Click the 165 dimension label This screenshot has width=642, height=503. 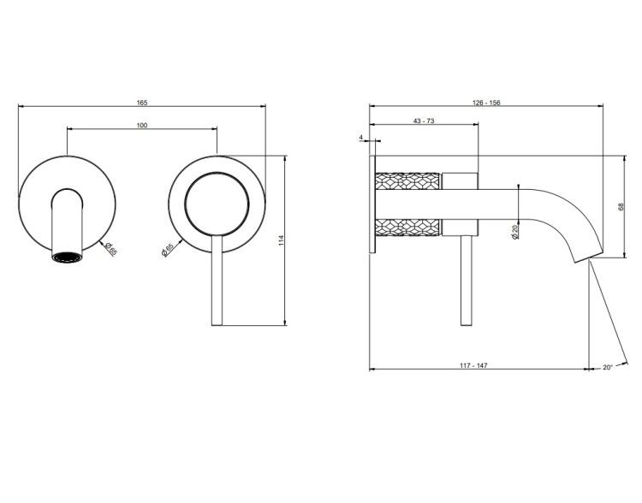click(x=141, y=103)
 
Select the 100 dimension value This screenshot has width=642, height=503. click(x=141, y=125)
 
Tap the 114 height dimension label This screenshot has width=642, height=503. click(x=281, y=240)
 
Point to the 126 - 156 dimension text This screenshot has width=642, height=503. click(x=486, y=103)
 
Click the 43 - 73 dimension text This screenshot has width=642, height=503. click(x=424, y=121)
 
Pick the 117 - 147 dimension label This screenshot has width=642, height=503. click(x=473, y=365)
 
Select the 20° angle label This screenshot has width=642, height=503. click(x=608, y=367)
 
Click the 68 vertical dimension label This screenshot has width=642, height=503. click(x=622, y=207)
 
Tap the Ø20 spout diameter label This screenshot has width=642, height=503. click(x=515, y=232)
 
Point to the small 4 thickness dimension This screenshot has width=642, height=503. click(x=361, y=138)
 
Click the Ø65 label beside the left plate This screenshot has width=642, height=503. click(x=110, y=249)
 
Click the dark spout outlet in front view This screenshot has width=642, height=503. click(x=67, y=257)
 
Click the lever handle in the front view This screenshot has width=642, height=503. click(x=217, y=281)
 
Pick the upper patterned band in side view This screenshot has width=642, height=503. click(x=407, y=180)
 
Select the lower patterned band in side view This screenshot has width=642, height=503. click(x=407, y=228)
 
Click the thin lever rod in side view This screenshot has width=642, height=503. click(x=467, y=281)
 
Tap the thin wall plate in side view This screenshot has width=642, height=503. click(x=372, y=204)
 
